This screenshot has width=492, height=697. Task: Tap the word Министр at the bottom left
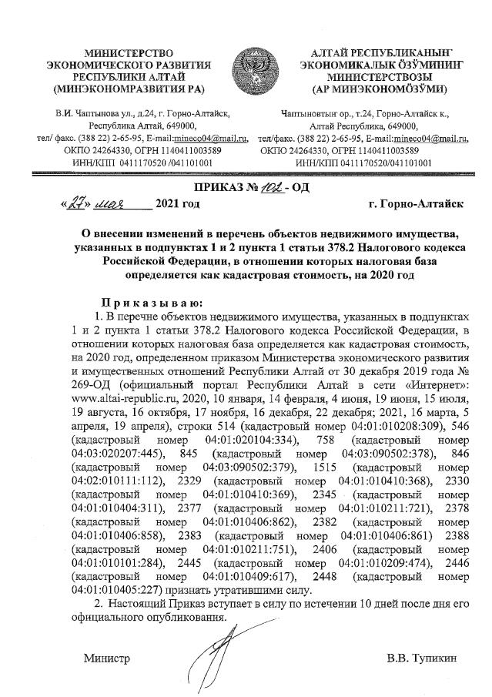pos(107,658)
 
